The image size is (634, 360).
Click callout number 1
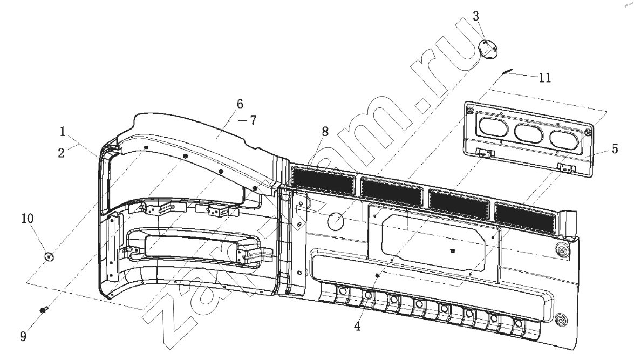coord(63,132)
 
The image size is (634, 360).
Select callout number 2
coord(61,153)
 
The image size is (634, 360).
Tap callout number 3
coord(476,16)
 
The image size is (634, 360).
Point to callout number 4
coord(357,326)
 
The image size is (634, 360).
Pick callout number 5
coord(615,149)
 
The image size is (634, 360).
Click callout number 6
coord(240,104)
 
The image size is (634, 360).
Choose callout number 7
coord(253,120)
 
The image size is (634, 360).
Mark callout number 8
coord(325,132)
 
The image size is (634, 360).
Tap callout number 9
coord(23,336)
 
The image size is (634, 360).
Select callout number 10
coord(28,219)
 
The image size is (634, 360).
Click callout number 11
coord(545,78)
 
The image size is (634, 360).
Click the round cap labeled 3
coord(488,50)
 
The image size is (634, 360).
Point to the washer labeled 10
coord(49,257)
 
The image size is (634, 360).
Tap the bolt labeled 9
coord(43,310)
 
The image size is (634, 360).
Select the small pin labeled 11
coord(506,72)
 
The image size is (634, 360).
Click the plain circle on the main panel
coord(335,220)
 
